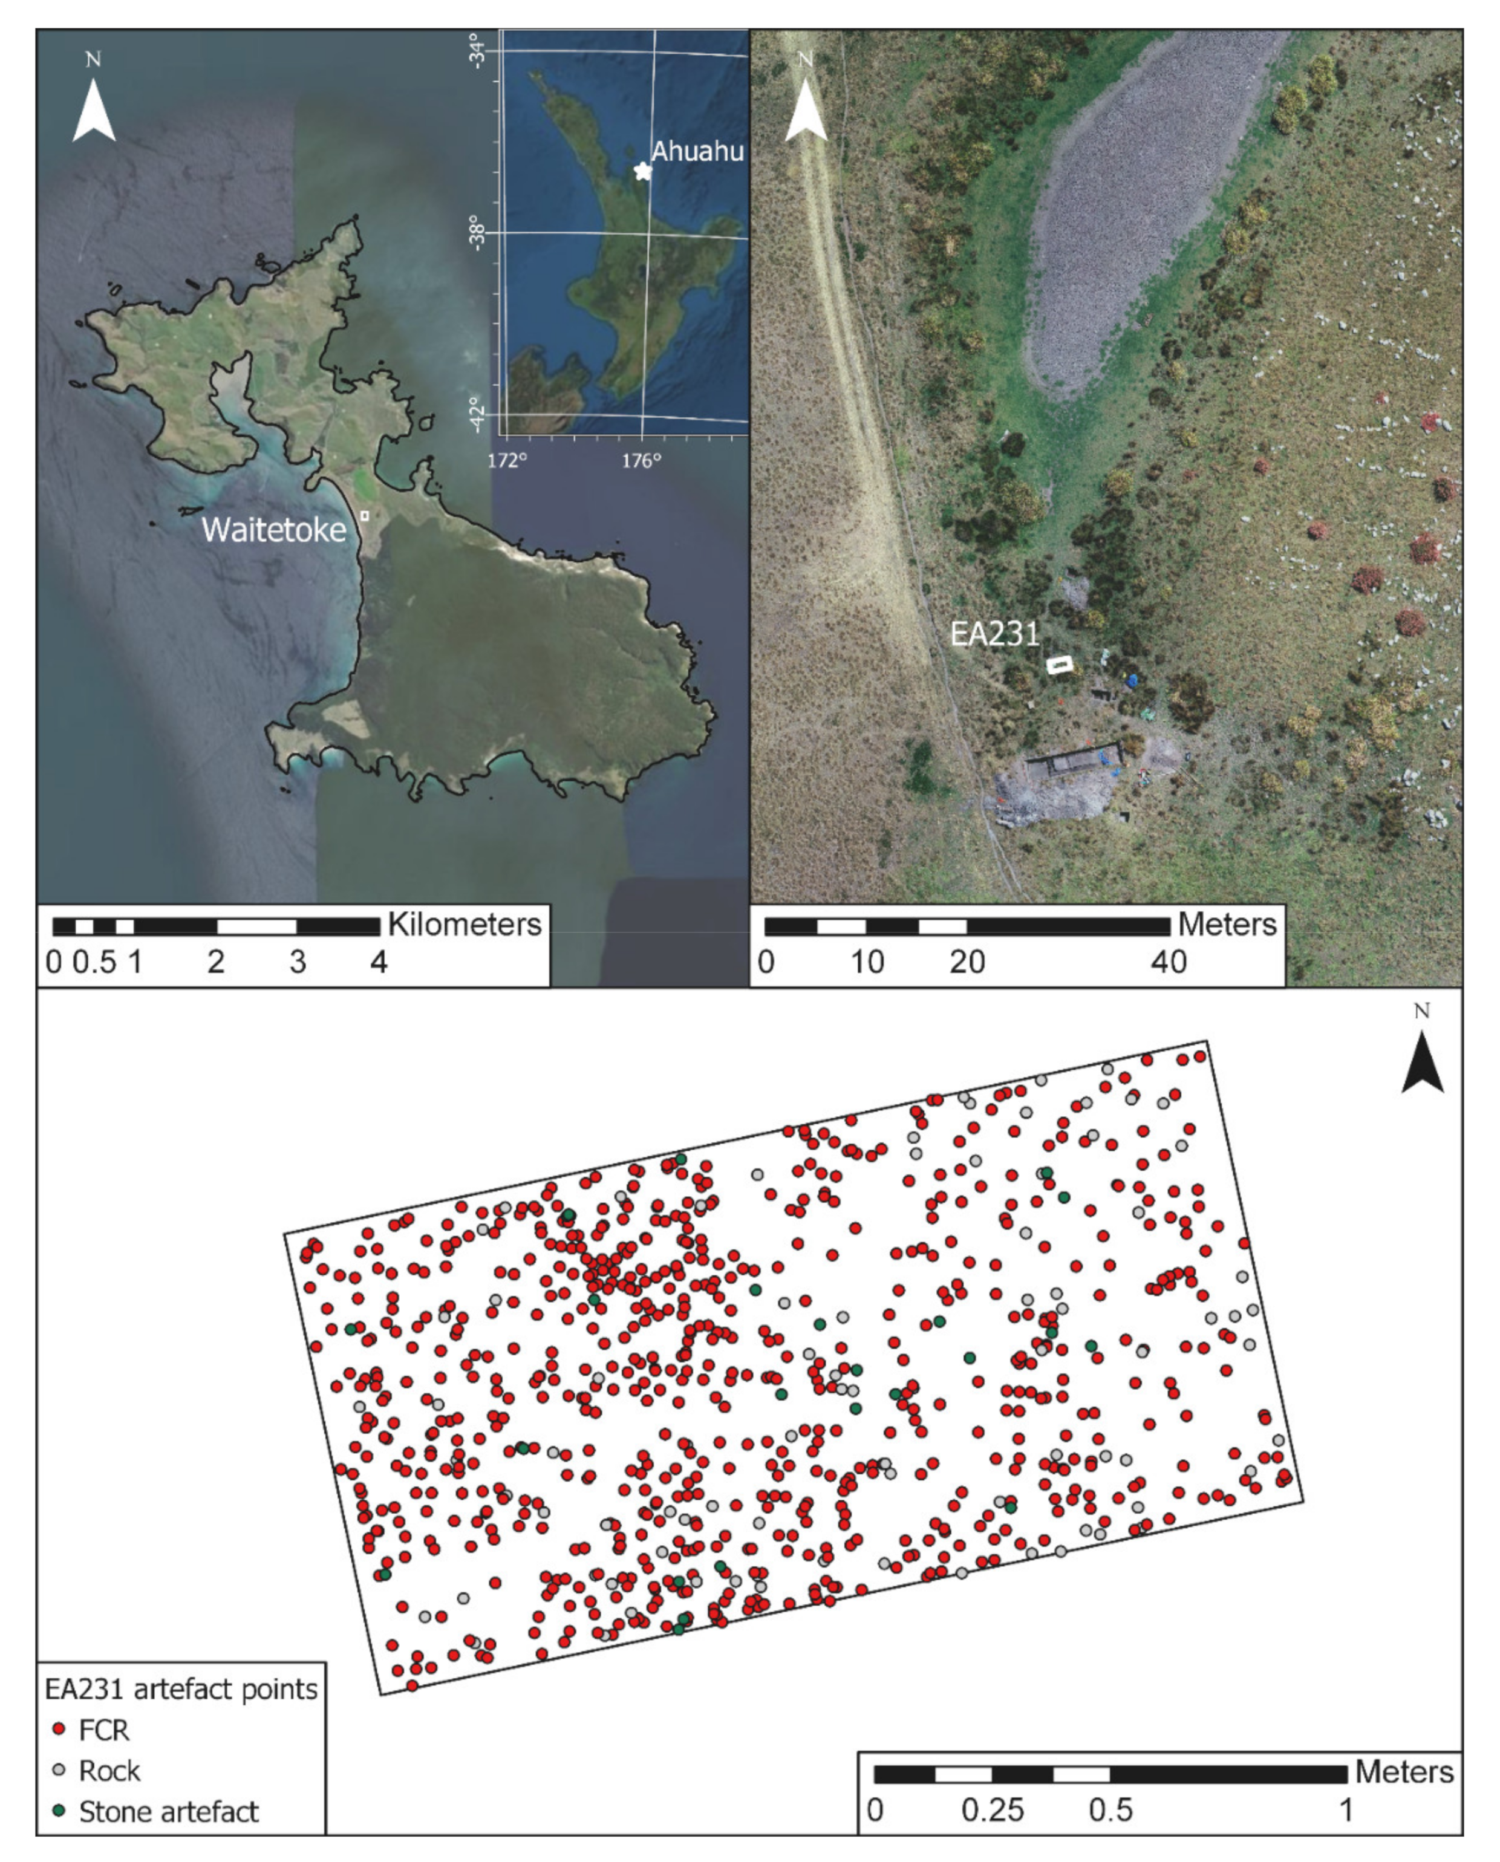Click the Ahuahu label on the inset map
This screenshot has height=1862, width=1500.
pos(696,151)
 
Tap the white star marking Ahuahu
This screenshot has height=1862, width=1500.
pos(642,171)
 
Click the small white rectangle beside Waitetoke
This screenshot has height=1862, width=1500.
pos(365,515)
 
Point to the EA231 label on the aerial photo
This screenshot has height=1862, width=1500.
pos(994,634)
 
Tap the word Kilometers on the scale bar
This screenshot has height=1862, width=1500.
pos(464,925)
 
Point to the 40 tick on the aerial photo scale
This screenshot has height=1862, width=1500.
pos(1168,962)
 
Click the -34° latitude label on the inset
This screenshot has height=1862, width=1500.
pos(480,51)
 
